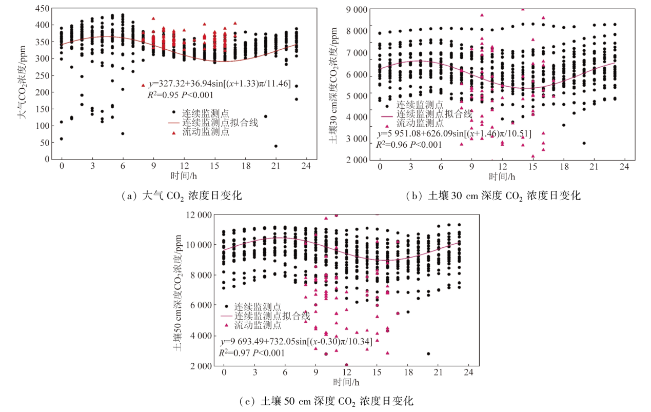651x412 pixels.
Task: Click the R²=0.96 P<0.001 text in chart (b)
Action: pyautogui.click(x=409, y=144)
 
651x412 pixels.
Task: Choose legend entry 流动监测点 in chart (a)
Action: pyautogui.click(x=208, y=132)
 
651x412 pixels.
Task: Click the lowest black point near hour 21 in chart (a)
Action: pyautogui.click(x=276, y=146)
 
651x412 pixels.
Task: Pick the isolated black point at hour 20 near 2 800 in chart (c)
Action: pyautogui.click(x=428, y=354)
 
